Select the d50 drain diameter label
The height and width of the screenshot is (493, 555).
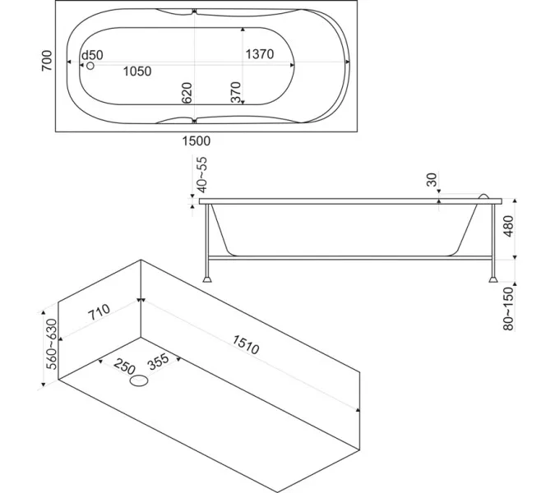92,55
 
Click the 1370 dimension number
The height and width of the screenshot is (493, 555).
259,54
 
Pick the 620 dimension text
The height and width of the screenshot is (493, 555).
187,93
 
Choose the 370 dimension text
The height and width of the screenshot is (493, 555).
236,93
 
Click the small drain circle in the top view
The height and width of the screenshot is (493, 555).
90,65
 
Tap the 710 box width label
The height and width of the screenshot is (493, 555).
98,312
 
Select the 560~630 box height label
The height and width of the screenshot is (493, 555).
51,343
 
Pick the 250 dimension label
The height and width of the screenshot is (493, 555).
124,365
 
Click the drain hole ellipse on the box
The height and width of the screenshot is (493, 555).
141,380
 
